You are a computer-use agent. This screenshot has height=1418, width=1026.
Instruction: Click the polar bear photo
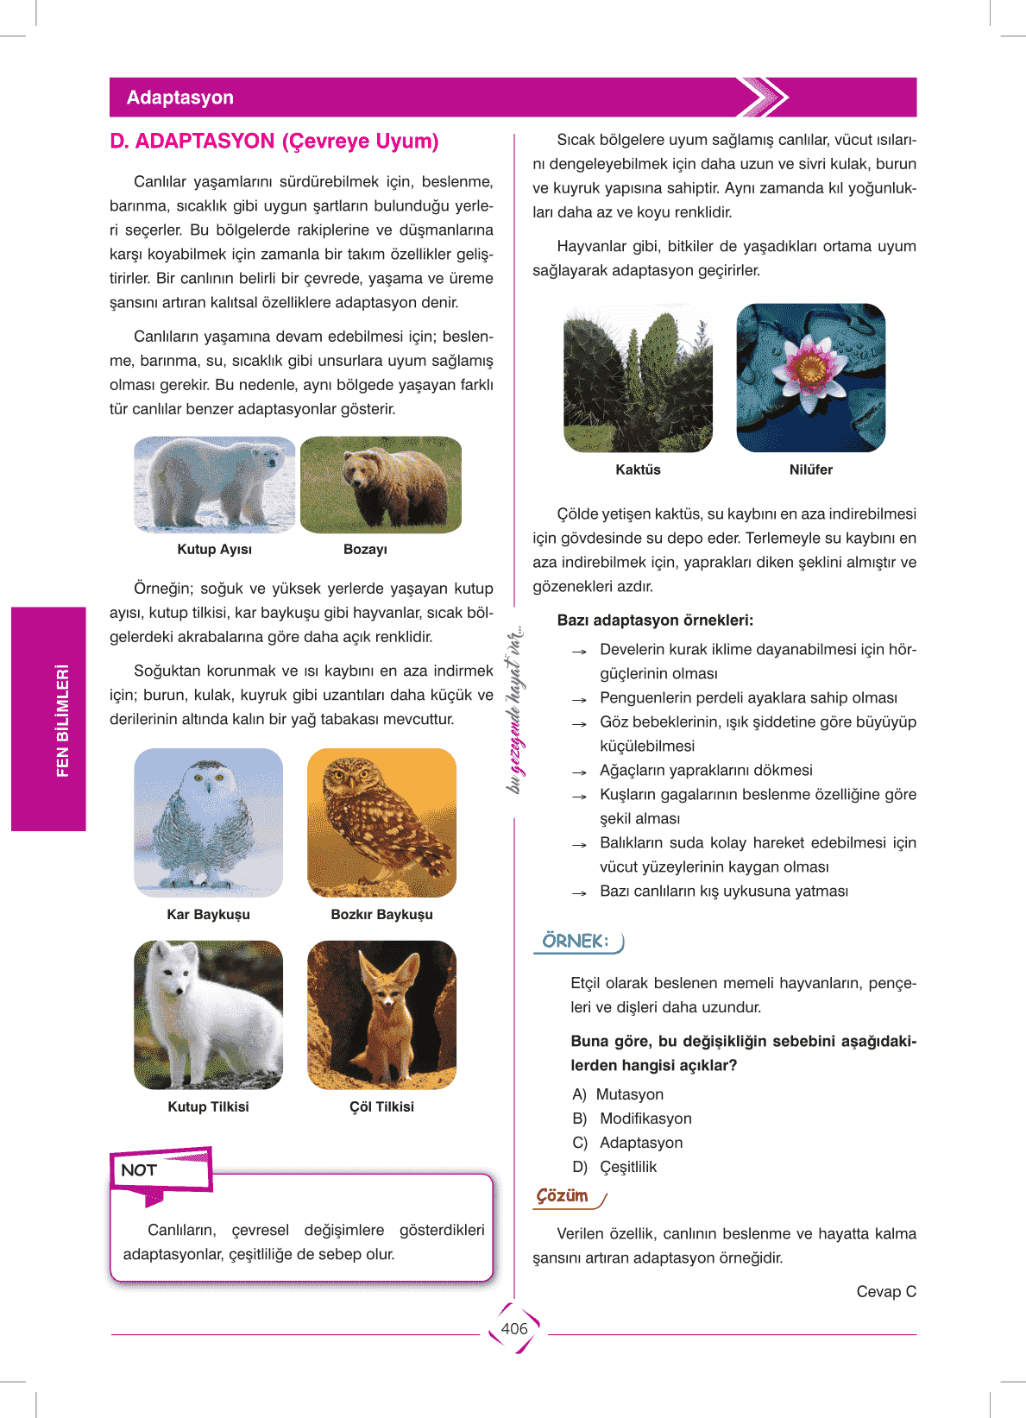tap(214, 484)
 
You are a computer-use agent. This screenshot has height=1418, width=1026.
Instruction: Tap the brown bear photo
tap(381, 484)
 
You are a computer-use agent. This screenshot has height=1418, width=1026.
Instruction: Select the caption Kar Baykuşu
tap(208, 914)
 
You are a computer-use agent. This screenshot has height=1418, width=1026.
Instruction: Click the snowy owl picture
tap(208, 822)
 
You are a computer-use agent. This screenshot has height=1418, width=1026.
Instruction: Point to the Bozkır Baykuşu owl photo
tap(381, 822)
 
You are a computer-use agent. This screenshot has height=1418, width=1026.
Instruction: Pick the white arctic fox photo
tap(208, 1015)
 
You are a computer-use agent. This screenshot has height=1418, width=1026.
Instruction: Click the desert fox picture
tap(381, 1015)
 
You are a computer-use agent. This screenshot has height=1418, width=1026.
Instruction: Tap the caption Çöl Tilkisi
tap(381, 1106)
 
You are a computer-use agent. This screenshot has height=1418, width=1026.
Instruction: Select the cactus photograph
tap(638, 377)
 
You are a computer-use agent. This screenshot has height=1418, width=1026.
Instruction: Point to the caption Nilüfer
tap(810, 470)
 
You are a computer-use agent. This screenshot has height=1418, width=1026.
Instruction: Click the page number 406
tap(514, 1329)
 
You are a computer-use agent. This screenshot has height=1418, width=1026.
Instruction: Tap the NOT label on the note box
tap(139, 1170)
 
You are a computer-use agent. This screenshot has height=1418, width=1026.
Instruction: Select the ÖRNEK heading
tap(576, 941)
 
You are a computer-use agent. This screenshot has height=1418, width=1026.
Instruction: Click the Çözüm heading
tap(563, 1196)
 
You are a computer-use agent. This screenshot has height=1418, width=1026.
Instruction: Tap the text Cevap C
tap(886, 1291)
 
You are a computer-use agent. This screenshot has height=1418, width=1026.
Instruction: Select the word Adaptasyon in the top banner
tap(180, 98)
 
